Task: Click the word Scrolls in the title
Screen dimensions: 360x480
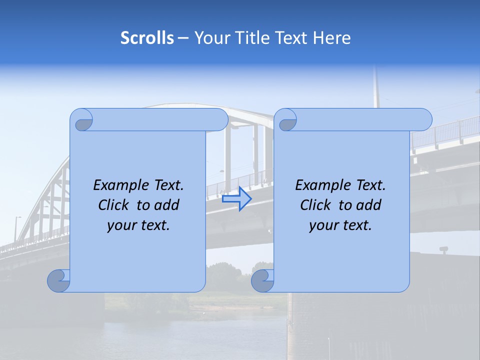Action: pos(147,38)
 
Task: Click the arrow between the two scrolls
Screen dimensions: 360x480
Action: pos(236,199)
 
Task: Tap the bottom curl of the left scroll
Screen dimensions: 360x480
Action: pos(59,280)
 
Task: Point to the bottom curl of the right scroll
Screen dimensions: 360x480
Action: pos(263,280)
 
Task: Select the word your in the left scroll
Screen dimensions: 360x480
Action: pos(121,225)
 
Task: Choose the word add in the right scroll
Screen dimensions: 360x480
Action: pos(368,205)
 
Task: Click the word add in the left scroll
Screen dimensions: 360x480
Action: pos(166,205)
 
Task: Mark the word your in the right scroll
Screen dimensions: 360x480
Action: pos(323,225)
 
